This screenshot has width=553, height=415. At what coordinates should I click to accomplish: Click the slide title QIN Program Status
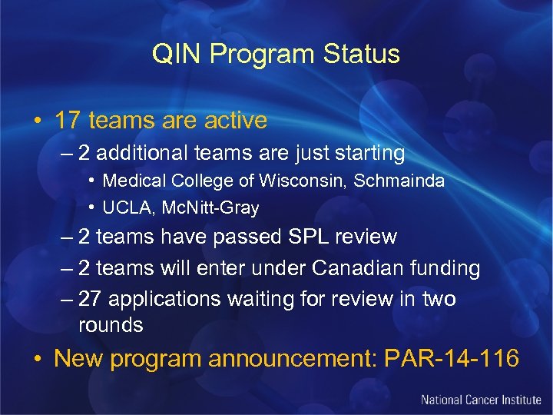[x=276, y=55]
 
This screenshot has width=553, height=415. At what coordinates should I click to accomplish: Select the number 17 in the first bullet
[x=68, y=121]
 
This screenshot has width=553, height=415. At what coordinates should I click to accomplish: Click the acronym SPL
[x=303, y=237]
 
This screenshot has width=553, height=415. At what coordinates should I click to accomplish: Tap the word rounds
[x=111, y=325]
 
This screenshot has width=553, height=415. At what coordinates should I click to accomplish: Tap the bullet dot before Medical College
[x=91, y=181]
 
